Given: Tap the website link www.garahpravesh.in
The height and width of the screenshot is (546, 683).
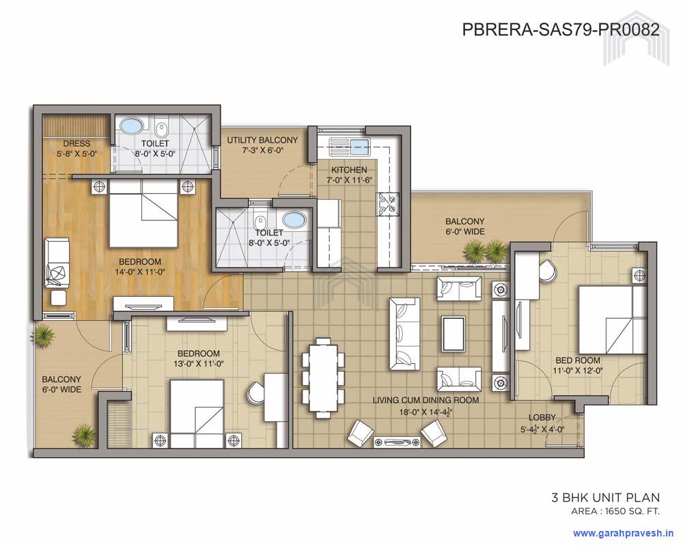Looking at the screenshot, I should (x=623, y=532).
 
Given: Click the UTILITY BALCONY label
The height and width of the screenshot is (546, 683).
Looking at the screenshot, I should (x=262, y=141).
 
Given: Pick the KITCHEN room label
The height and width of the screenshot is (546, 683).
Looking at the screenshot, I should (x=349, y=169).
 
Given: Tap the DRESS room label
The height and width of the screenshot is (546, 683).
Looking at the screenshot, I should (x=76, y=144).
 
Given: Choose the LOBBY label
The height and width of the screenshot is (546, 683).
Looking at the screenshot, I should (x=542, y=417).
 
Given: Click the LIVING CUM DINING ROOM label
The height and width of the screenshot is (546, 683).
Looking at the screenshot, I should (x=426, y=400).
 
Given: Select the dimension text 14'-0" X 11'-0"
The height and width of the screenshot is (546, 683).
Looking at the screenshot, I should (x=139, y=272).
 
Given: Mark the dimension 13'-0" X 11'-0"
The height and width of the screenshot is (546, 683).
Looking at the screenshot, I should (x=198, y=364).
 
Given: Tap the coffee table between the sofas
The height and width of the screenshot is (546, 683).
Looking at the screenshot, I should (x=453, y=332).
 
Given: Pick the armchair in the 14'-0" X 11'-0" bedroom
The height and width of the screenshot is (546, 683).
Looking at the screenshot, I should (x=56, y=263).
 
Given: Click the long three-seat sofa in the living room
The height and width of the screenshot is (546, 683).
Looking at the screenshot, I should (x=403, y=333).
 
